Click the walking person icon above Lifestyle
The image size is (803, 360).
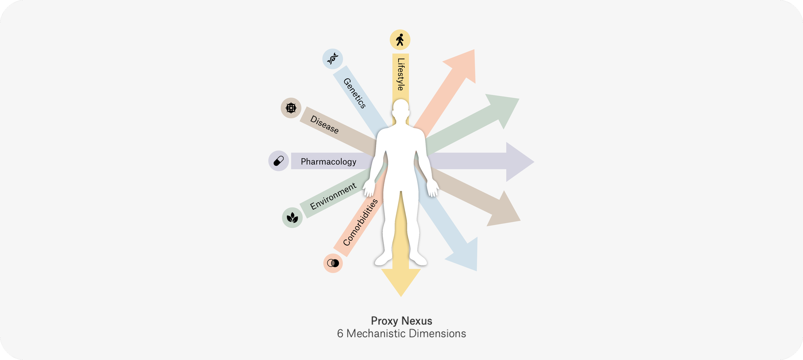[x=400, y=40]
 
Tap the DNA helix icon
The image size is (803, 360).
[x=332, y=59]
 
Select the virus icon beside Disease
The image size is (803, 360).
[x=291, y=108]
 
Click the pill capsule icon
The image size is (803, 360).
[x=278, y=161]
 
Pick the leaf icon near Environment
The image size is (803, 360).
[x=292, y=218]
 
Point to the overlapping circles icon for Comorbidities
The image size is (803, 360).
[x=333, y=263]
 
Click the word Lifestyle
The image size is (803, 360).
[x=401, y=74]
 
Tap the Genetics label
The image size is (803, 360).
[x=355, y=93]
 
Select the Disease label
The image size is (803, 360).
[x=324, y=124]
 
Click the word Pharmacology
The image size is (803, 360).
[x=328, y=162]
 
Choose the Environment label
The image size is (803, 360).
[x=333, y=196]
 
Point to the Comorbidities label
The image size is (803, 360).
[x=360, y=222]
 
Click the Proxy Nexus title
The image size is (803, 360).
[x=401, y=321]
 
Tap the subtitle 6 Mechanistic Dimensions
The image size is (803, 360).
[x=401, y=334]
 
